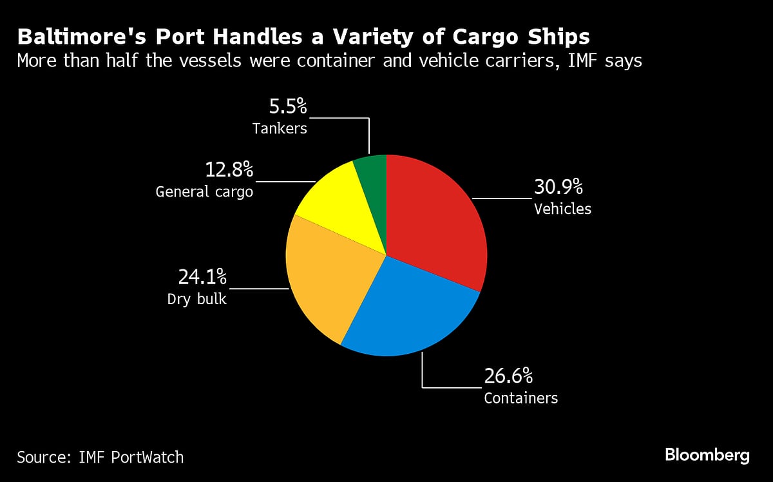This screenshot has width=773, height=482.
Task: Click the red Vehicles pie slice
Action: [438, 219]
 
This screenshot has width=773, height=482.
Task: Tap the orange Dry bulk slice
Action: [329, 277]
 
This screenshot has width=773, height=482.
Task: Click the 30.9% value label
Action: [558, 188]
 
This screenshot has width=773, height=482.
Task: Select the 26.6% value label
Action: [508, 376]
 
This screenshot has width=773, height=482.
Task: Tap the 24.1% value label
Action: [202, 278]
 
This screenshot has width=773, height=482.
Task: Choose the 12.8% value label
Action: [229, 170]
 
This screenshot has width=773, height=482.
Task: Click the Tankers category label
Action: [280, 128]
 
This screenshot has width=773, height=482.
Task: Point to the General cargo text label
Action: [204, 192]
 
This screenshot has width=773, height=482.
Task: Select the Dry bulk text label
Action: [197, 299]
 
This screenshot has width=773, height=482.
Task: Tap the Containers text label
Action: [520, 398]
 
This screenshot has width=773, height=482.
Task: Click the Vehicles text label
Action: [562, 209]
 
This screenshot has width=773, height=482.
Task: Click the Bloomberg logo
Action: [707, 456]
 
